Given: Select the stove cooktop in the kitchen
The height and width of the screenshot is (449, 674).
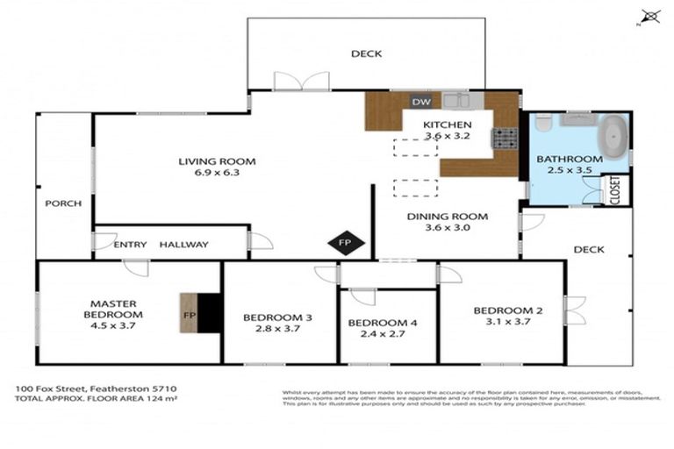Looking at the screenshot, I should click(x=505, y=138).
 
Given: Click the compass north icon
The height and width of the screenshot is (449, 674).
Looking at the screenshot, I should click(x=650, y=16).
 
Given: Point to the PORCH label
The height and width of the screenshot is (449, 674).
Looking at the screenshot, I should click(x=63, y=203).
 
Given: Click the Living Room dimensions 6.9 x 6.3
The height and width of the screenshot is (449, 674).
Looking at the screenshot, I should click(x=216, y=174).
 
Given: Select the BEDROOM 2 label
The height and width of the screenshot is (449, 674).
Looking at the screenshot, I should click(x=503, y=310).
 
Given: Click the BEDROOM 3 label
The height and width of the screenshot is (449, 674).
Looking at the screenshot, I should click(x=278, y=317).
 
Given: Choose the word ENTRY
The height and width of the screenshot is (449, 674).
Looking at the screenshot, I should click(x=131, y=245).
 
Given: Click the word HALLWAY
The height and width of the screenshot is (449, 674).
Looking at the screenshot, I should click(x=184, y=245).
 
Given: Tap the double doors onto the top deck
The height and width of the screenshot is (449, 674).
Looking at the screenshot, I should click(x=301, y=82).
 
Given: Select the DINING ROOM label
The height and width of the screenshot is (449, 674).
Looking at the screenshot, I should click(x=448, y=216).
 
